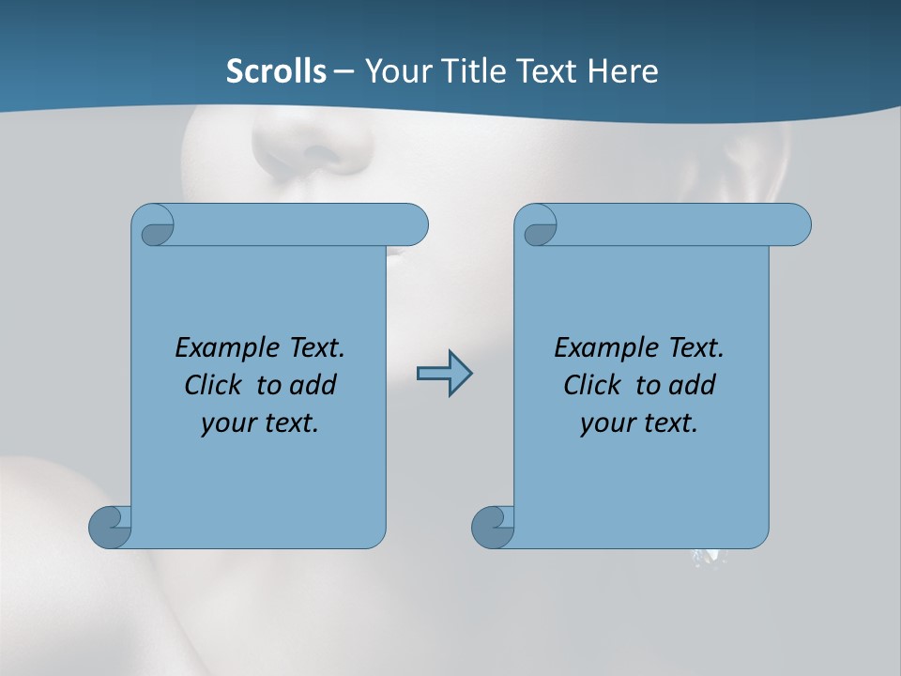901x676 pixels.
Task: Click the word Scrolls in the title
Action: click(x=276, y=71)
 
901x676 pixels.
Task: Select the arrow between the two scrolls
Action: click(x=444, y=374)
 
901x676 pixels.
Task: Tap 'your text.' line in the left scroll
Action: click(x=260, y=422)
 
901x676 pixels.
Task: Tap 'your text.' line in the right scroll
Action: click(x=639, y=422)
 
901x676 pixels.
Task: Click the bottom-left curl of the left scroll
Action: click(x=110, y=527)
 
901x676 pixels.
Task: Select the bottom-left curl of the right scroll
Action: click(x=493, y=527)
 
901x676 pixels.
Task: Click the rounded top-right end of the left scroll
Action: click(x=413, y=225)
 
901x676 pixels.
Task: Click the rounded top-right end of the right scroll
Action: click(x=796, y=225)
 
